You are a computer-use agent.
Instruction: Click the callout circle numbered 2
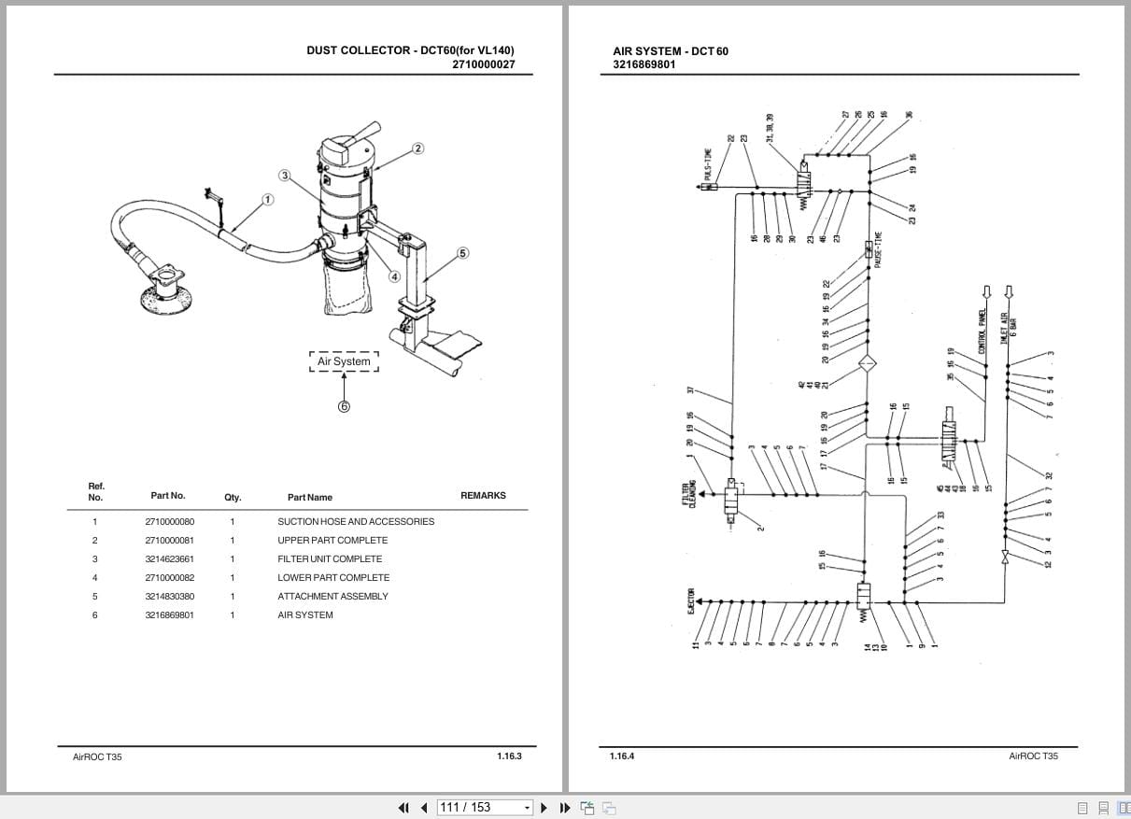(x=417, y=148)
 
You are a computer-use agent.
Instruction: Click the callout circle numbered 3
(x=284, y=175)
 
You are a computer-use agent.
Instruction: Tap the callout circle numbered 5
(x=462, y=253)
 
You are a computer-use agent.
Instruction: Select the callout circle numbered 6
(x=344, y=406)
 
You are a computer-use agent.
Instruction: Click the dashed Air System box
(x=344, y=361)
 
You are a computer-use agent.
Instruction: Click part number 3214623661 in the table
(x=170, y=559)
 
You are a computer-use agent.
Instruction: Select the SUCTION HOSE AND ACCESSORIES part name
(x=355, y=522)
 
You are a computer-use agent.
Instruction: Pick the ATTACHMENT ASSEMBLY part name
(x=332, y=597)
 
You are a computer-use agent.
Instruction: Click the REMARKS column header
(x=483, y=496)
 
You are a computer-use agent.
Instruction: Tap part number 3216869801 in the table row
(x=170, y=615)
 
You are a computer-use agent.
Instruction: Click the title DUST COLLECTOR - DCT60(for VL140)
(x=410, y=50)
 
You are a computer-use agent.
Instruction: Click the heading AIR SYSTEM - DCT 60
(x=670, y=51)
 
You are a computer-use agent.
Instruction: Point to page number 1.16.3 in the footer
(x=509, y=755)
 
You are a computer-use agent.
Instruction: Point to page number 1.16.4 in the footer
(x=621, y=755)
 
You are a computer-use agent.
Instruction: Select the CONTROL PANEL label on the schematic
(x=983, y=333)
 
